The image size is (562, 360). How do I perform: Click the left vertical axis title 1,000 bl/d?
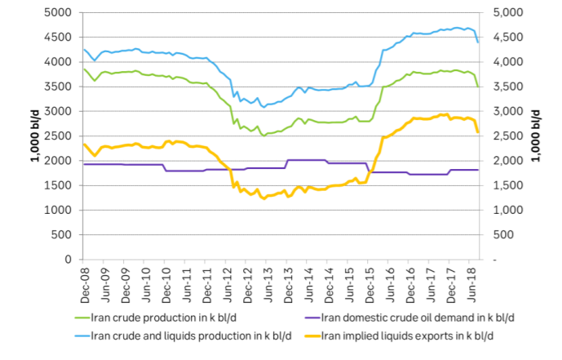pos(36,136)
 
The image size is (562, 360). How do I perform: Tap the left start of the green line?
pos(84,69)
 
